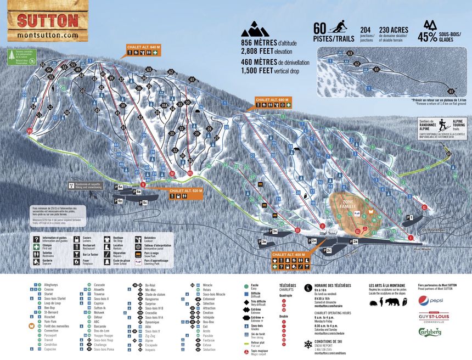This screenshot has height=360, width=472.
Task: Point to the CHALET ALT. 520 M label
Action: pos(186,190)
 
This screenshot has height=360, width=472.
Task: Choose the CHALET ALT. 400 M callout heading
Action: pos(288,255)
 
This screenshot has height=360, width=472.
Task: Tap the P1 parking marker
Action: pos(409,218)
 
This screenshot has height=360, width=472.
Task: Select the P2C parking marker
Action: pos(328,250)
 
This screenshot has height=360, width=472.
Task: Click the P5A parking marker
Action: pos(120,187)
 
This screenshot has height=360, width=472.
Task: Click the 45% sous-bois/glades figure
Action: pos(428,36)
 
